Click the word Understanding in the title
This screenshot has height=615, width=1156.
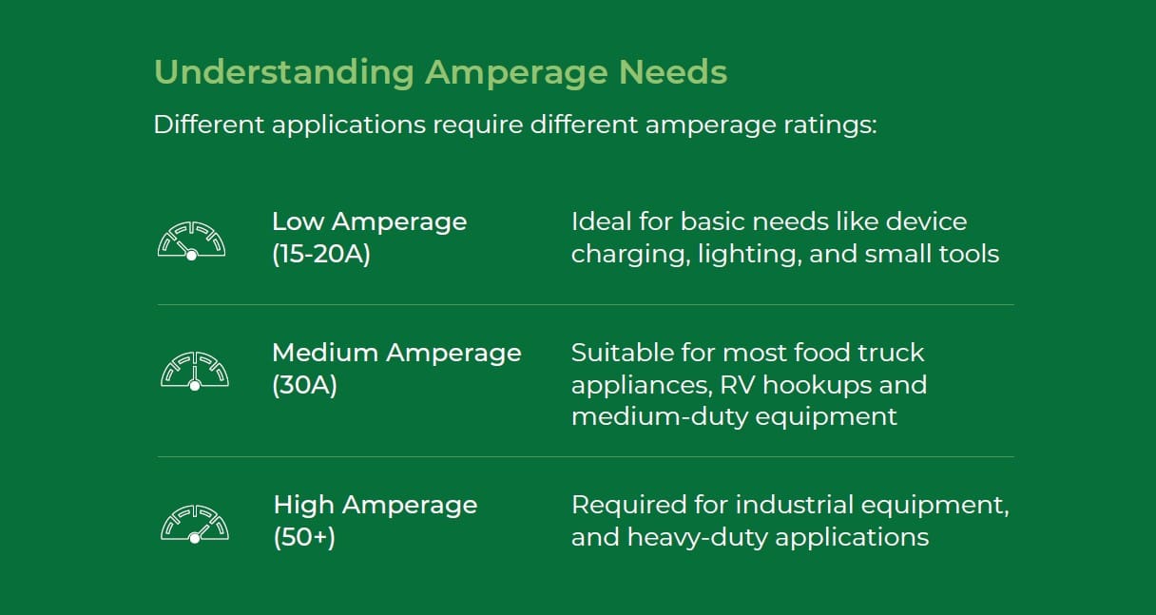284,73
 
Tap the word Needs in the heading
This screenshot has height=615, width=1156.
672,72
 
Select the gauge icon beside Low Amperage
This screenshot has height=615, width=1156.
191,240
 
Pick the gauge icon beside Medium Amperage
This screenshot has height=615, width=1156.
195,371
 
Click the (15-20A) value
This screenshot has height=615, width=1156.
321,254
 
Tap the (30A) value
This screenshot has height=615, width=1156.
304,385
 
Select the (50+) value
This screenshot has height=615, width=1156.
304,537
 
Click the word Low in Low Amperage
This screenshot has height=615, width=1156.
299,221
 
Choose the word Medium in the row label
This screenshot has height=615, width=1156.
326,353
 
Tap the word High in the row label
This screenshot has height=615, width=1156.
304,505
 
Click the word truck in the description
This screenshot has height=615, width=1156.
891,353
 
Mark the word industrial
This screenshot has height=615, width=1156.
794,505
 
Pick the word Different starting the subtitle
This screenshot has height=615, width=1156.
209,125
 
